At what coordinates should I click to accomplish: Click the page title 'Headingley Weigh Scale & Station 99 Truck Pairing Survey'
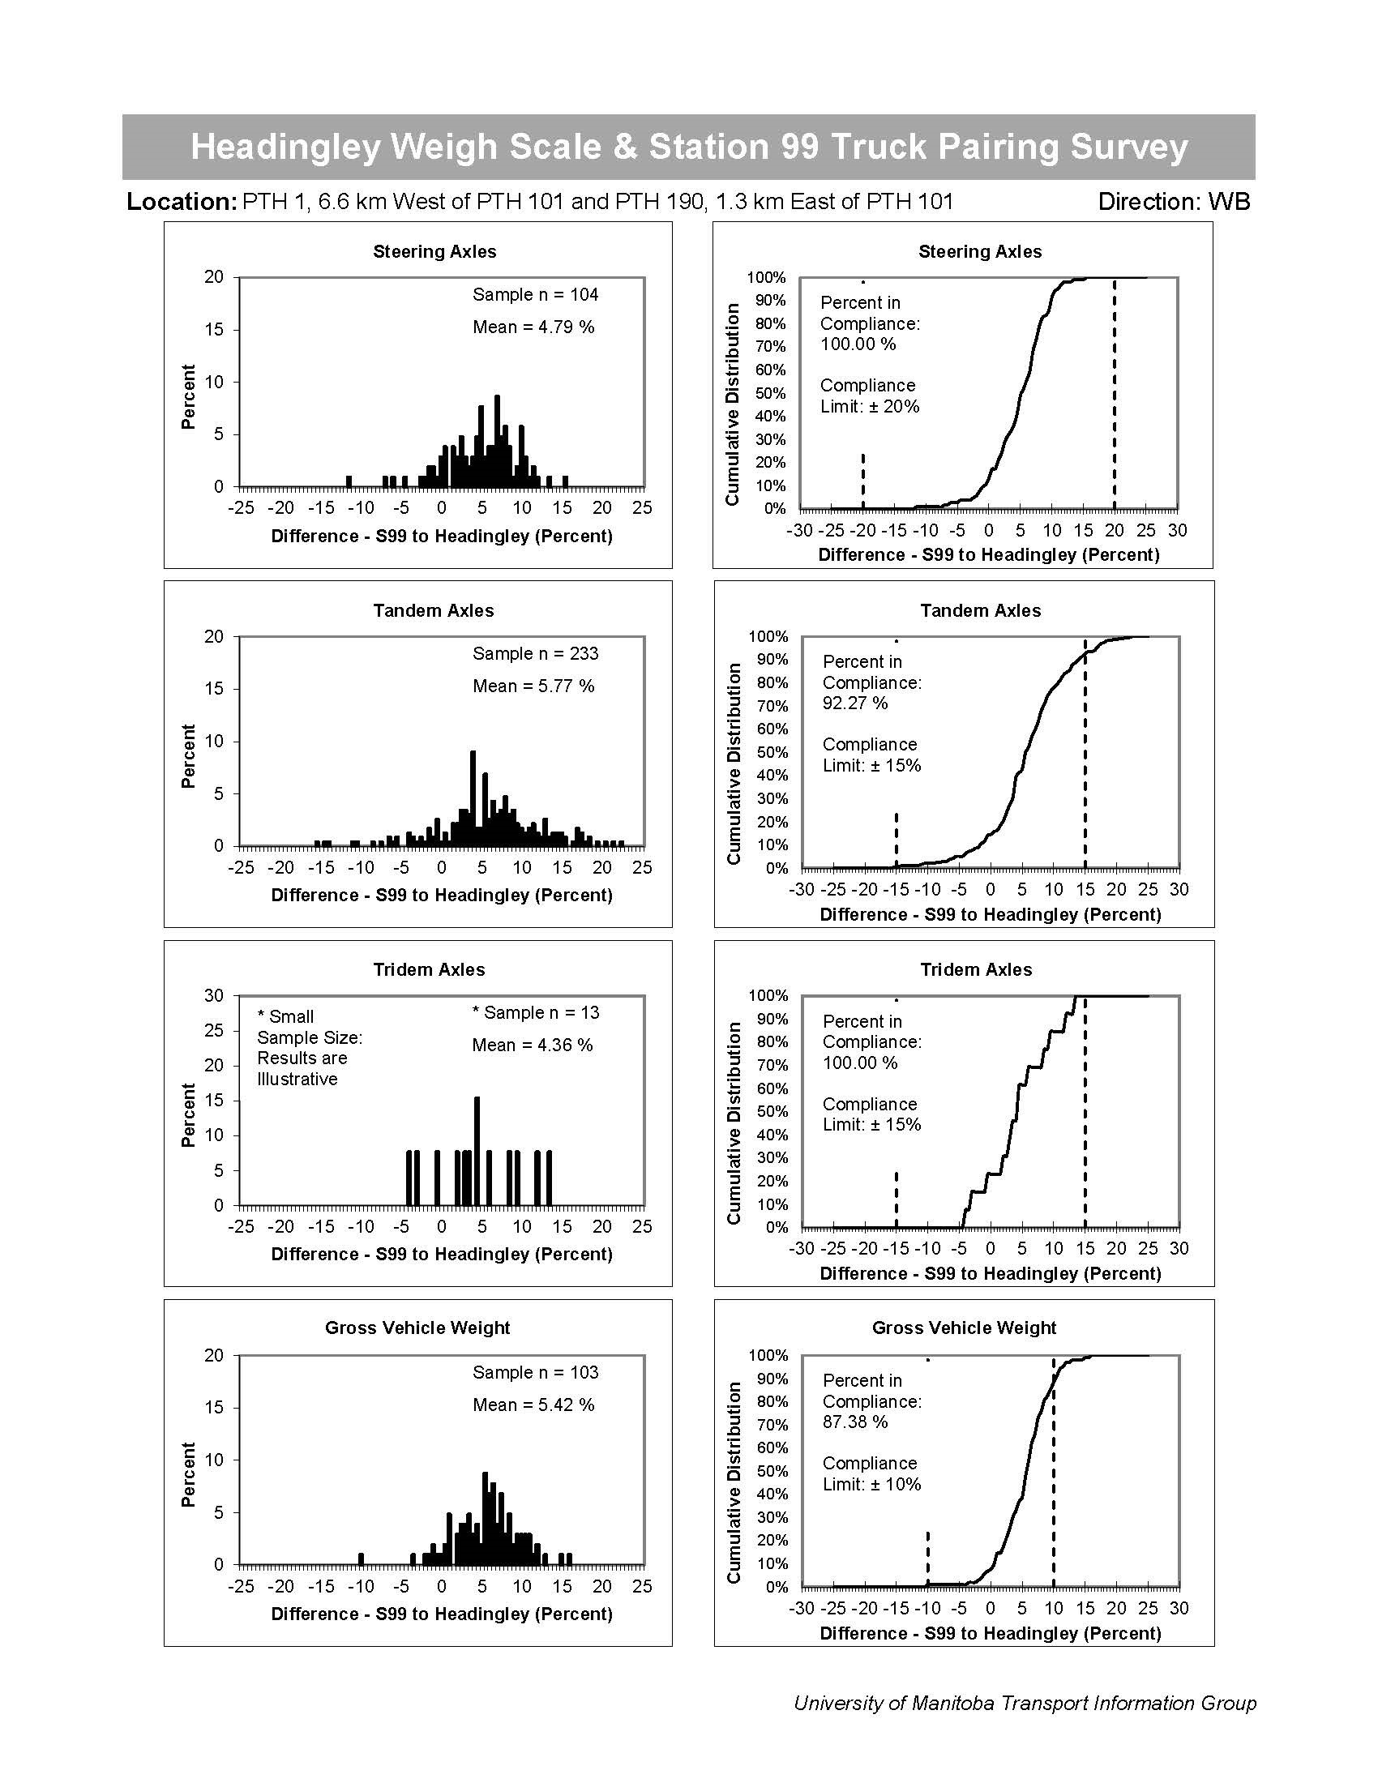pyautogui.click(x=688, y=147)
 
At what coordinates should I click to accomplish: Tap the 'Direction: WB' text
pyautogui.click(x=1173, y=202)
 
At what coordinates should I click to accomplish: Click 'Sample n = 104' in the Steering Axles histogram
pyautogui.click(x=535, y=295)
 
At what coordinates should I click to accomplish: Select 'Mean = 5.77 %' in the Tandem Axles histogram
pyautogui.click(x=533, y=686)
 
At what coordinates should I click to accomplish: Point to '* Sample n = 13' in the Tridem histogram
pyautogui.click(x=536, y=1012)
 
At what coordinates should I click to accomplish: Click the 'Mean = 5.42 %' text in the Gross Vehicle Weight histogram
pyautogui.click(x=533, y=1405)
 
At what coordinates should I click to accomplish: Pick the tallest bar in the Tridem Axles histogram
pyautogui.click(x=477, y=1151)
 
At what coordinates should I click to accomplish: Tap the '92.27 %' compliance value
pyautogui.click(x=854, y=703)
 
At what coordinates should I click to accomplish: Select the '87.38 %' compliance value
pyautogui.click(x=854, y=1422)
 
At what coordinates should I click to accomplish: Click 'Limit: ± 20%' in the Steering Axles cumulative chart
pyautogui.click(x=870, y=407)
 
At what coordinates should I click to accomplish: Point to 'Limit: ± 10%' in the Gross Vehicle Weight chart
pyautogui.click(x=871, y=1484)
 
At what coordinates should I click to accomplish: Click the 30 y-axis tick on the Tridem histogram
pyautogui.click(x=214, y=995)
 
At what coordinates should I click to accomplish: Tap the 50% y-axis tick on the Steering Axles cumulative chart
pyautogui.click(x=770, y=393)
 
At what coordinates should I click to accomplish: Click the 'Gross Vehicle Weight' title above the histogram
pyautogui.click(x=417, y=1328)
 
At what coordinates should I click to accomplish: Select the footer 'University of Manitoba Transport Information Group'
pyautogui.click(x=1025, y=1704)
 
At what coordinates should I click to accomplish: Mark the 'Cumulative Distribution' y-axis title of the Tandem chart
pyautogui.click(x=733, y=763)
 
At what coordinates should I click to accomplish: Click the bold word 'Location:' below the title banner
pyautogui.click(x=182, y=202)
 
